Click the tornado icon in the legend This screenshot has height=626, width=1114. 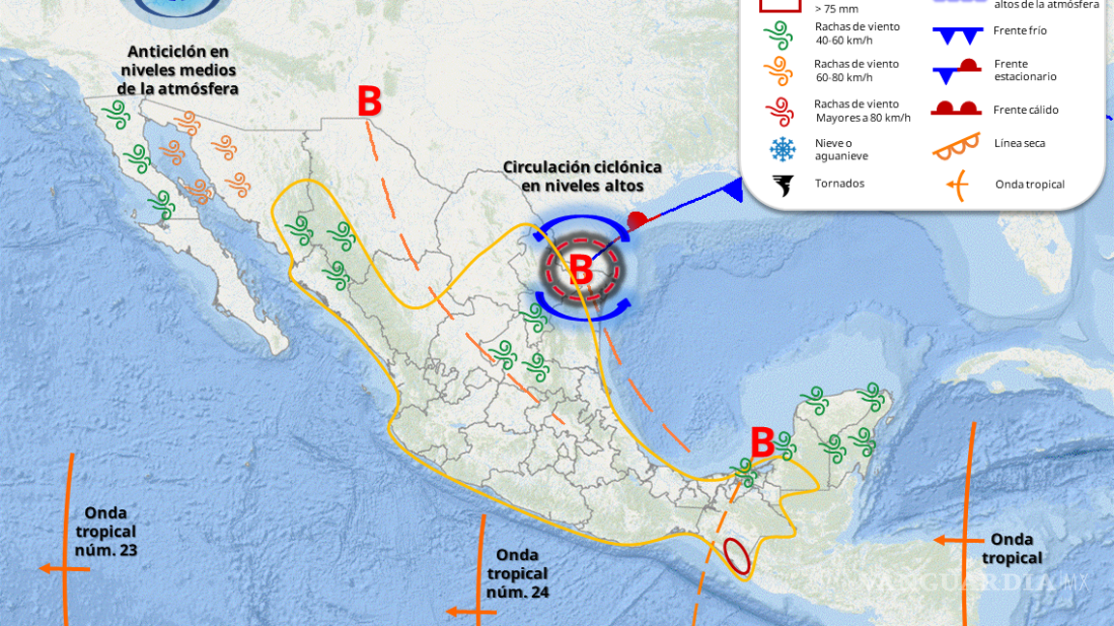[x=781, y=184]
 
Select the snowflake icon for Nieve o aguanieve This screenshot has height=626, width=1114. [x=781, y=149]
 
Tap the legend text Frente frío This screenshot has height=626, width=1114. [x=1019, y=31]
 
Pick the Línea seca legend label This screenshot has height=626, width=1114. [x=1019, y=144]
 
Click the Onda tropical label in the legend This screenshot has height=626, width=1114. [x=1029, y=185]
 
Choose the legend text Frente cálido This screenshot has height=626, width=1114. [x=1025, y=110]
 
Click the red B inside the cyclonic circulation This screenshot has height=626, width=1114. [x=581, y=270]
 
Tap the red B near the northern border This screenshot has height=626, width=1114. [x=369, y=102]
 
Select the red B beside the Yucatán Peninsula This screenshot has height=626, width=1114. [x=762, y=443]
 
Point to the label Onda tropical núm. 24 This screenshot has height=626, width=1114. [x=521, y=574]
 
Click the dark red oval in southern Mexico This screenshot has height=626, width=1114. [x=738, y=558]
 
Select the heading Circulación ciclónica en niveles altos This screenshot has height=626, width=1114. [x=572, y=177]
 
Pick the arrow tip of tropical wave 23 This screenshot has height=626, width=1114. [x=43, y=569]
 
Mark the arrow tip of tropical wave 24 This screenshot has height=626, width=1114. [x=450, y=612]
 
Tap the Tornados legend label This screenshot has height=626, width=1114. [x=839, y=184]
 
